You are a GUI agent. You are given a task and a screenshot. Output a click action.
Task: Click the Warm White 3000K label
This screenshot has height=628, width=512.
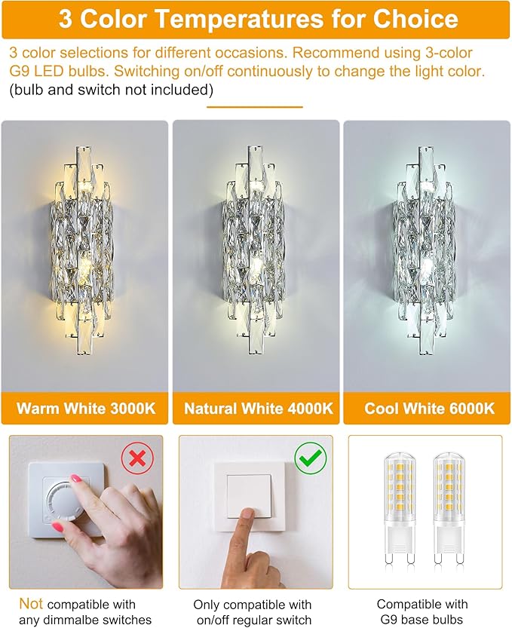86,409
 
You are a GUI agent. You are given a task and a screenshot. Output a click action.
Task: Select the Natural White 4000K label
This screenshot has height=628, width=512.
256,409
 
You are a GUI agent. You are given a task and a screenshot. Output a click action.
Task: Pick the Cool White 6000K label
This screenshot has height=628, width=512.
428,409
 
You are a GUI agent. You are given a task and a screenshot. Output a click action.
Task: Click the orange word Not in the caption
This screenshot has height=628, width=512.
31,603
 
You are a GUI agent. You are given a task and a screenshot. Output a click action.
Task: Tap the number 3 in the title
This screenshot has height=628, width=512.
66,20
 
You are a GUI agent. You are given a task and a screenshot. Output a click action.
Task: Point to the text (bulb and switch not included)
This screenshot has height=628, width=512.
112,90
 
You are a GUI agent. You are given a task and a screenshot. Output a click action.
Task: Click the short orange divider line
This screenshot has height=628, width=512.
255,107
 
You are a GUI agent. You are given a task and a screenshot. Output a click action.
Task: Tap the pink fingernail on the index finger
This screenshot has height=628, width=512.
76,479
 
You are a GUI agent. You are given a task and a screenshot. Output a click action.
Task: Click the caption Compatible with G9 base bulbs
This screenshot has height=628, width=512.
422,611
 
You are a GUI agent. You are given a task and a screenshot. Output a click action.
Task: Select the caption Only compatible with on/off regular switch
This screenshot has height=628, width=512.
253,612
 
